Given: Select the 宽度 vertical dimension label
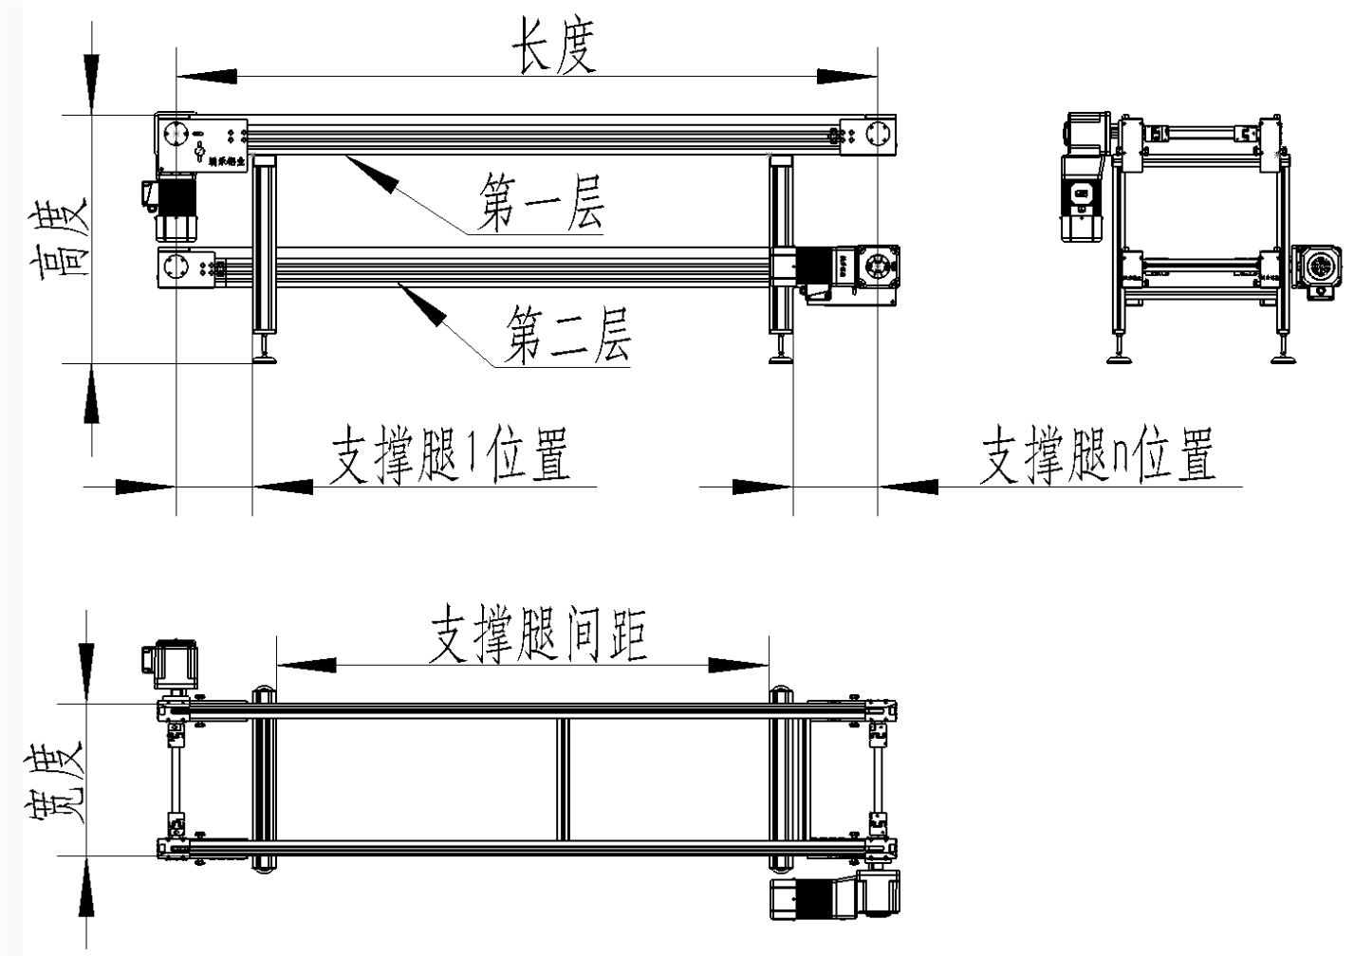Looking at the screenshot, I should point(57,786).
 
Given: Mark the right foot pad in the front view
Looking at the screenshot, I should point(782,358).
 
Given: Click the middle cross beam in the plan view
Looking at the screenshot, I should point(564,779).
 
